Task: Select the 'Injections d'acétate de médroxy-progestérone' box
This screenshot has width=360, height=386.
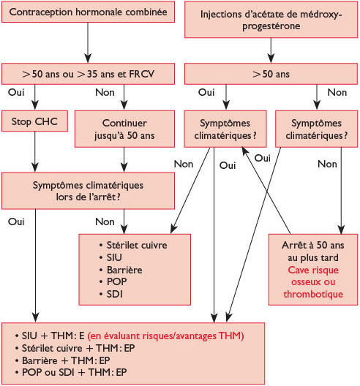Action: pyautogui.click(x=271, y=20)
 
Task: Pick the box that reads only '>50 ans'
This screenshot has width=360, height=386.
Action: pyautogui.click(x=271, y=74)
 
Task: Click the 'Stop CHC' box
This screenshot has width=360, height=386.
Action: pyautogui.click(x=35, y=120)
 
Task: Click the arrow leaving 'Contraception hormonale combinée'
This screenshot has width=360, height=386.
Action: pyautogui.click(x=88, y=44)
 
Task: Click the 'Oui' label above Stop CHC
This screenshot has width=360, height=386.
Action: pyautogui.click(x=13, y=93)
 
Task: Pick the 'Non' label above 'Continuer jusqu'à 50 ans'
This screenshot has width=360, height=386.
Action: pyautogui.click(x=105, y=93)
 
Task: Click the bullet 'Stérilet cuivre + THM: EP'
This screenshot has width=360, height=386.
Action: pyautogui.click(x=72, y=347)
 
